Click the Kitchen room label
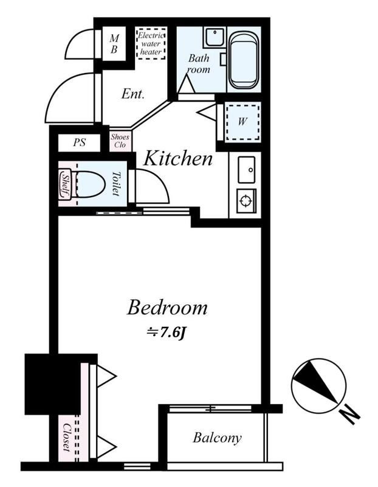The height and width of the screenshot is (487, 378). [x=178, y=158]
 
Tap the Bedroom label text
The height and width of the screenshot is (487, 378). [x=167, y=308]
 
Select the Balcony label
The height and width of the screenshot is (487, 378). [x=217, y=438]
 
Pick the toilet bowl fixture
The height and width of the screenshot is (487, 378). [x=89, y=184]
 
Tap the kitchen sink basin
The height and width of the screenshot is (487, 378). [x=247, y=170]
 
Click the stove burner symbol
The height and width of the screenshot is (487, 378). [x=246, y=201]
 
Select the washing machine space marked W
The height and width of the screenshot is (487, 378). [x=242, y=122]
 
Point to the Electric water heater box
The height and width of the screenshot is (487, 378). [x=151, y=43]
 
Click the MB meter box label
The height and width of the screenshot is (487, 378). [x=114, y=44]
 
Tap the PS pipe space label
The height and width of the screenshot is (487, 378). [x=80, y=142]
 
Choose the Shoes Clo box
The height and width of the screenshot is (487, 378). [x=120, y=141]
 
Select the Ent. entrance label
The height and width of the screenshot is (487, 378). [x=133, y=94]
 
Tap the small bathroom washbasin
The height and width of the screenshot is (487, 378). [x=215, y=37]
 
